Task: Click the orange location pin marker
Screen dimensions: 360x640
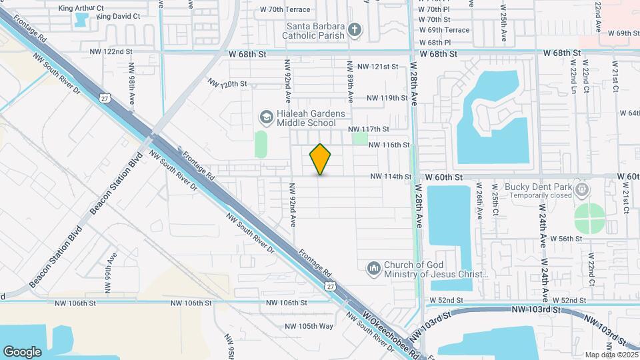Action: click(321, 159)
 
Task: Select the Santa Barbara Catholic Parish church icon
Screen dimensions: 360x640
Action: click(355, 29)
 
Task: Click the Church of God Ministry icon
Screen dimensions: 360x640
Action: click(373, 269)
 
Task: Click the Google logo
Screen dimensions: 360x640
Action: click(22, 351)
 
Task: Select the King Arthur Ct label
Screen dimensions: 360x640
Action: click(79, 8)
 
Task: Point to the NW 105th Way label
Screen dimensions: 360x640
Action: click(309, 326)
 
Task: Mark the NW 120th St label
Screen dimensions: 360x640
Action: click(227, 84)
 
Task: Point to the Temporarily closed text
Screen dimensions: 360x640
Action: click(542, 196)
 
